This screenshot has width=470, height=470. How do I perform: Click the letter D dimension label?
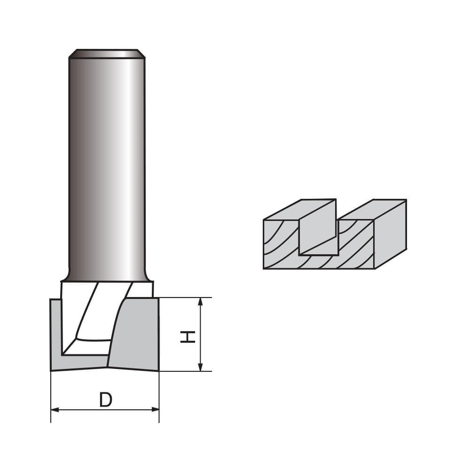coord(106,400)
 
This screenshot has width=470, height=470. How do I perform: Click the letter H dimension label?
coord(188,336)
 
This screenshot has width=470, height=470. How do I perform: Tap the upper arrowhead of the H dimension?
coord(201,302)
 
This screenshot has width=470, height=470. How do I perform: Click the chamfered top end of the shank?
coord(106,53)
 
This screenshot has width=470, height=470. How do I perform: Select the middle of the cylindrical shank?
coord(106,164)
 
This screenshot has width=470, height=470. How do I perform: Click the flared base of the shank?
coord(106,275)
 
